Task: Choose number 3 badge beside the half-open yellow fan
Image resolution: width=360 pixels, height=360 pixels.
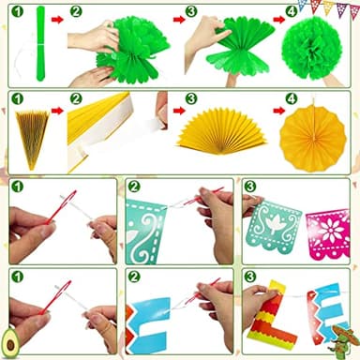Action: (190, 99)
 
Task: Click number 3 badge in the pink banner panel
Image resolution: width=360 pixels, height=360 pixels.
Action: (250, 187)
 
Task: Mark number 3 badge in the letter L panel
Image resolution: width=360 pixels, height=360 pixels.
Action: (250, 277)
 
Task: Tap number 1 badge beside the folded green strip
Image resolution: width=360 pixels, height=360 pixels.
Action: (15, 11)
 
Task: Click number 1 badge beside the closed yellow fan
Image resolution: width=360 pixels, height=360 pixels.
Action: (15, 98)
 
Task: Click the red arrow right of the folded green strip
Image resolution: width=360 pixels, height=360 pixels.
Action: (58, 17)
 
